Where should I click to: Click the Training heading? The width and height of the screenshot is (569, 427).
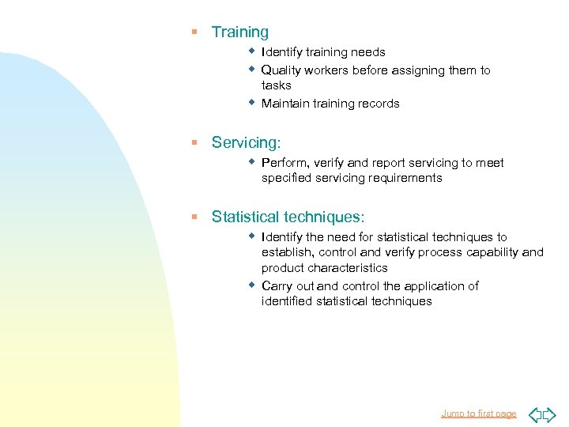[239, 32]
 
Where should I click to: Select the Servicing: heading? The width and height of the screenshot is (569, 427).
[246, 142]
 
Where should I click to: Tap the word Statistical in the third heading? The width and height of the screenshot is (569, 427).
[245, 217]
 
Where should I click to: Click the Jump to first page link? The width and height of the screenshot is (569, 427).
[478, 414]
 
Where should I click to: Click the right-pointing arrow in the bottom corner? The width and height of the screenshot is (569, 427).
[549, 414]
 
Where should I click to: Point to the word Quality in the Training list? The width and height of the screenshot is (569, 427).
[281, 70]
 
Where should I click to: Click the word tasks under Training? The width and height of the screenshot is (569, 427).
[276, 85]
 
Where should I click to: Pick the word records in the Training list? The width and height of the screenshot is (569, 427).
[379, 104]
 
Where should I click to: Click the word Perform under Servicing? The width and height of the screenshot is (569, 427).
[284, 163]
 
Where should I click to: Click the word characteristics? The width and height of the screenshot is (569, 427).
[348, 268]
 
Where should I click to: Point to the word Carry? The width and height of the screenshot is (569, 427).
[277, 286]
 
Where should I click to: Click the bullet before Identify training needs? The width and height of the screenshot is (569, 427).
[251, 51]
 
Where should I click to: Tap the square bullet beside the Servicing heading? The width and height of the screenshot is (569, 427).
[194, 142]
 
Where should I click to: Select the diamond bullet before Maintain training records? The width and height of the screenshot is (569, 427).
[251, 102]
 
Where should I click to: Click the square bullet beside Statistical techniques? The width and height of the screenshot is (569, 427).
[194, 217]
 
